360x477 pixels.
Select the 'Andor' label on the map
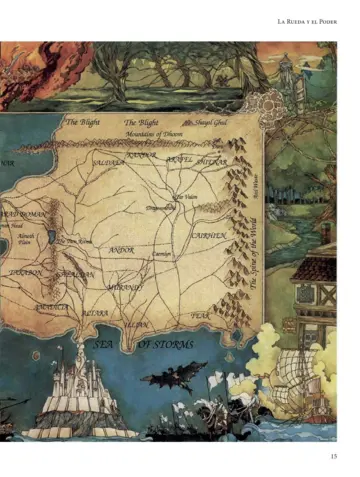(121, 249)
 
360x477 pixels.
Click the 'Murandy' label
(125, 287)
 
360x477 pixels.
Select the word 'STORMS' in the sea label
(166, 344)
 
